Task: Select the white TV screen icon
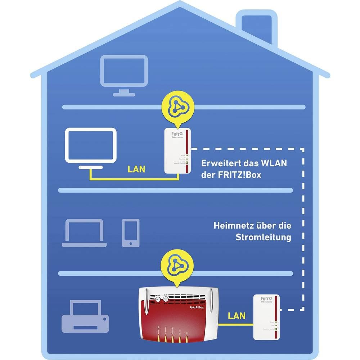click(91, 145)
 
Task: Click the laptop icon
click(84, 233)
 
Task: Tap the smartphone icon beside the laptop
click(130, 233)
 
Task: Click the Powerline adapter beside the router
click(266, 317)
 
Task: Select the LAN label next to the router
click(237, 316)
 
